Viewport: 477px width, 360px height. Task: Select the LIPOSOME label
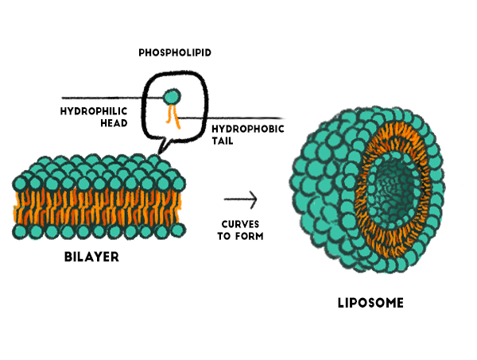pyautogui.click(x=369, y=303)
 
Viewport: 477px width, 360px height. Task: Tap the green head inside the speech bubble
pyautogui.click(x=172, y=97)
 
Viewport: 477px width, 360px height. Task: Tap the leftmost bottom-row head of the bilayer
pyautogui.click(x=20, y=231)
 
